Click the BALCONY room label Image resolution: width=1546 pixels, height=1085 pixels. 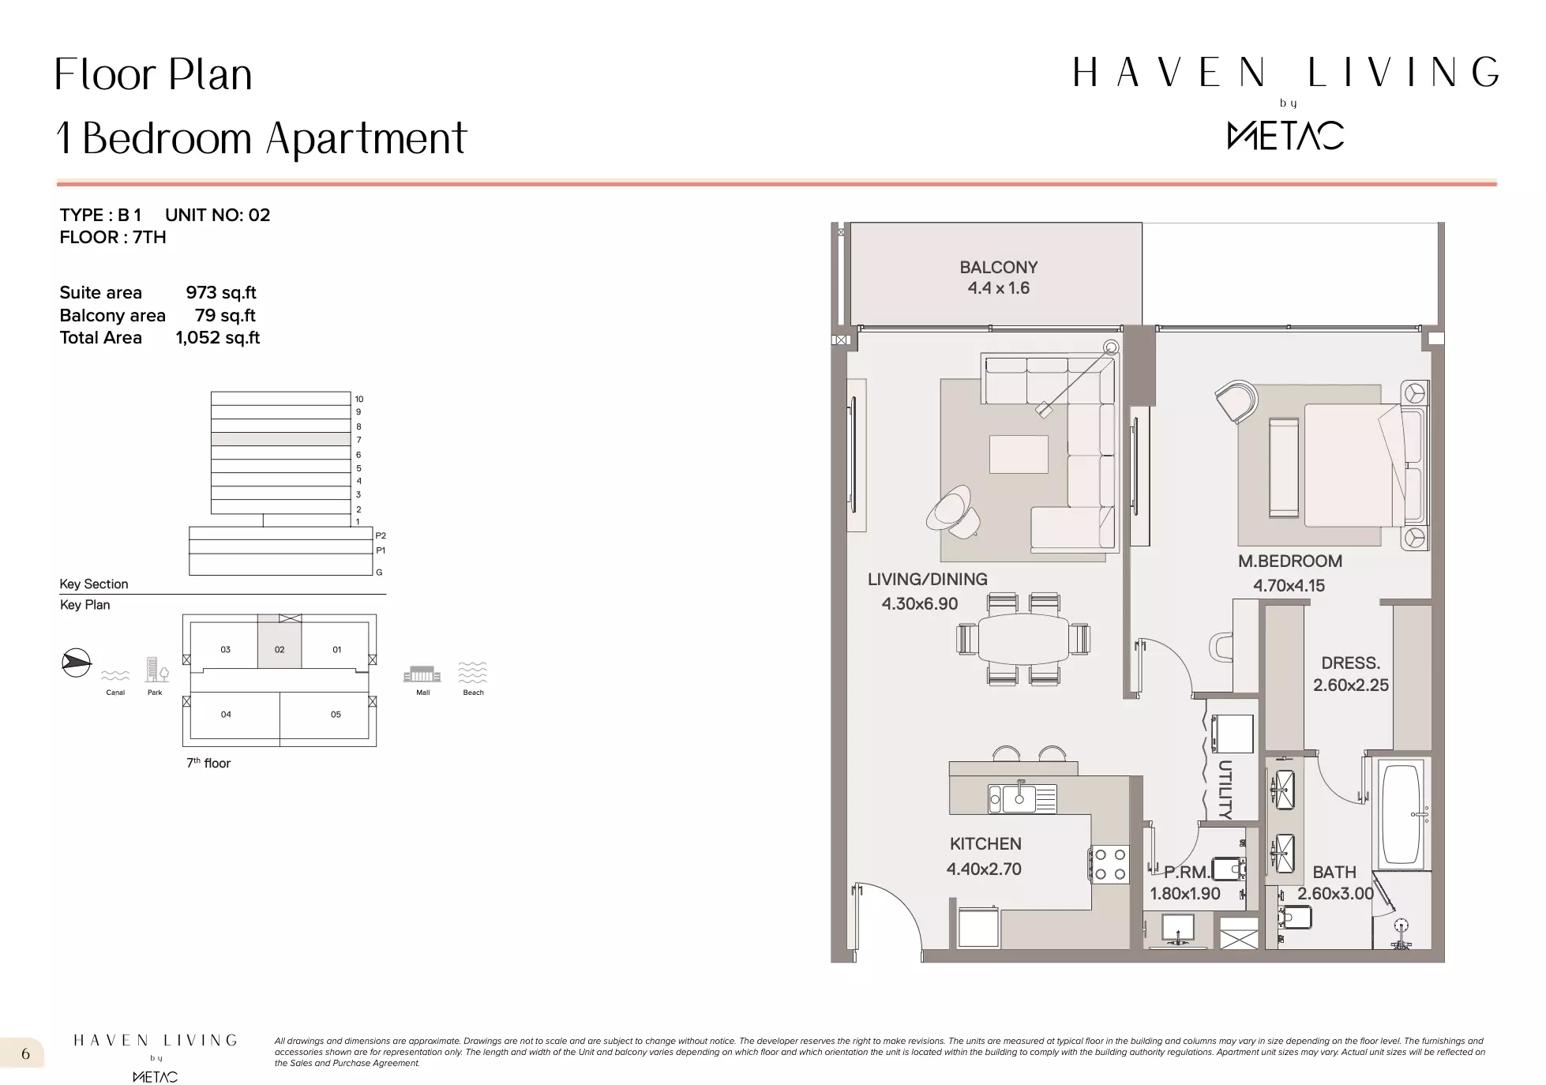pos(998,268)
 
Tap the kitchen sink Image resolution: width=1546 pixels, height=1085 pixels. pos(1023,798)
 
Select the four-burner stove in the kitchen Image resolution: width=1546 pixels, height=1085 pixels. pos(1109,864)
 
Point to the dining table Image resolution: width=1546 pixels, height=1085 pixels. pos(1023,639)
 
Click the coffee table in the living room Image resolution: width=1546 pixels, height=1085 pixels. pos(1019,454)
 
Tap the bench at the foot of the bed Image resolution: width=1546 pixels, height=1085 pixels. pos(1283,467)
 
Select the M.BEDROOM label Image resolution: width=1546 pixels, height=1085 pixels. pos(1290,561)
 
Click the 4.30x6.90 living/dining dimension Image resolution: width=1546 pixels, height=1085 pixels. pos(919,604)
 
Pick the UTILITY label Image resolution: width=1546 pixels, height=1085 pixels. pos(1225,789)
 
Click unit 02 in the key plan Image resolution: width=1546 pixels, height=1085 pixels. pos(280,649)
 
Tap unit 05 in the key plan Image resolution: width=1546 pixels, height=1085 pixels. pos(336,714)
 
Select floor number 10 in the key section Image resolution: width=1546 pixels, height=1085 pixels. pos(359,399)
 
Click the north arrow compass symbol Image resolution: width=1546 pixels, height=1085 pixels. pos(77,662)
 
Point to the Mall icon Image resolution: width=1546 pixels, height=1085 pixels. pos(422,674)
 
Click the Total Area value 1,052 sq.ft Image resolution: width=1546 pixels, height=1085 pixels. pos(217,338)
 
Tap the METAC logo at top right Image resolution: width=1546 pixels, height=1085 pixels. pos(1285,135)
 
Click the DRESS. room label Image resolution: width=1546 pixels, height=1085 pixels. pos(1351,663)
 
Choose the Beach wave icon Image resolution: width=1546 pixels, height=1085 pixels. pos(473,672)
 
